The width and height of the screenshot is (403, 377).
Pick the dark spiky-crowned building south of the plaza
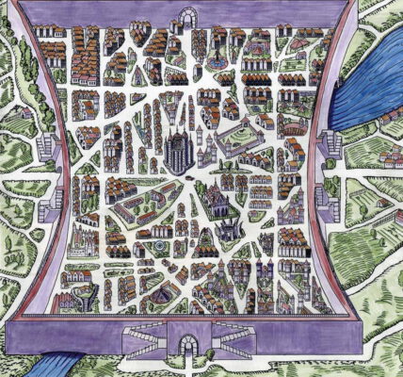coord(226,226)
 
